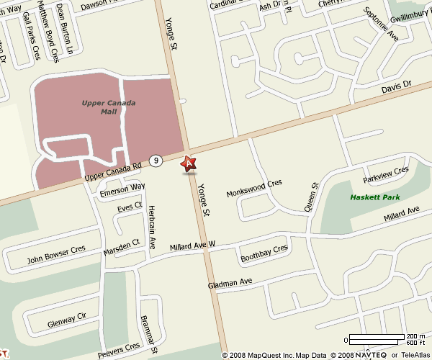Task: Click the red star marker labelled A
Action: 189,163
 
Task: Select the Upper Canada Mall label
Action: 109,107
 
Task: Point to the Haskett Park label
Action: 374,197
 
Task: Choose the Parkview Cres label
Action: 385,174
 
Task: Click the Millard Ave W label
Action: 192,246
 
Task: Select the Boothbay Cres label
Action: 264,253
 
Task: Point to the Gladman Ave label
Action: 230,282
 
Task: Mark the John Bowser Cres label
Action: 55,254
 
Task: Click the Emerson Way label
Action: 122,191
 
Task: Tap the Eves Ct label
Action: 130,207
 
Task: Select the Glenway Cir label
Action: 66,317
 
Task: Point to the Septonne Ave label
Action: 382,22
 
